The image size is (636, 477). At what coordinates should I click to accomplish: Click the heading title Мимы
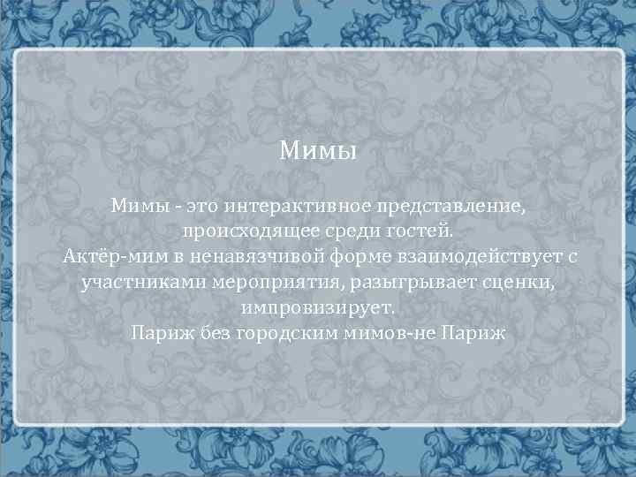coord(318,152)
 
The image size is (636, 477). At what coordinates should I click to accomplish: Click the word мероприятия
coord(270,284)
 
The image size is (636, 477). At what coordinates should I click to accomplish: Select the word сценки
coord(518,283)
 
